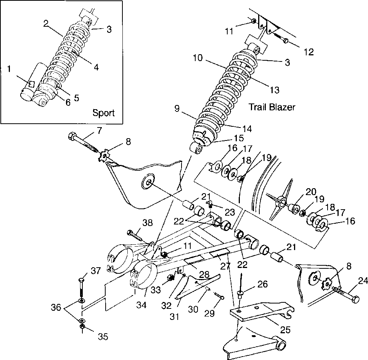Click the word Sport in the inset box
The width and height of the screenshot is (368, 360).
point(103,113)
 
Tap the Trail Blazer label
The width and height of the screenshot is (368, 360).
point(272,107)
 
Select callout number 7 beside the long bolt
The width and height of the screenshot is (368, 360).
point(100,131)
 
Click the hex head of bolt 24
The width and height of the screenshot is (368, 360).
point(356,300)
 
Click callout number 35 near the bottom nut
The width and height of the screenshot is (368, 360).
point(103,336)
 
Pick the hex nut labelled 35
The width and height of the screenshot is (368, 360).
point(82,327)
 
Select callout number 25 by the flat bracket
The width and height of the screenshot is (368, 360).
point(285,330)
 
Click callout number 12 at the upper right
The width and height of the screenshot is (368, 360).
point(309,52)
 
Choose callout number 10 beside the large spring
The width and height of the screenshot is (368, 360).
point(198,58)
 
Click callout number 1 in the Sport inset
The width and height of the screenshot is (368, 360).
point(9,69)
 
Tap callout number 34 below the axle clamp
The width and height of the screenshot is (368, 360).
point(141,305)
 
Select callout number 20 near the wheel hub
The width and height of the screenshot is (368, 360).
point(311,192)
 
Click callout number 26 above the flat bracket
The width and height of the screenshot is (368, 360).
point(262,284)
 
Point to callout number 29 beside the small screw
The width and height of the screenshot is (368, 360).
point(209,313)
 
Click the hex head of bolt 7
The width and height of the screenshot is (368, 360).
point(72,136)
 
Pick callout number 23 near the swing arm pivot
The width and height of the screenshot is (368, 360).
point(230,212)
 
